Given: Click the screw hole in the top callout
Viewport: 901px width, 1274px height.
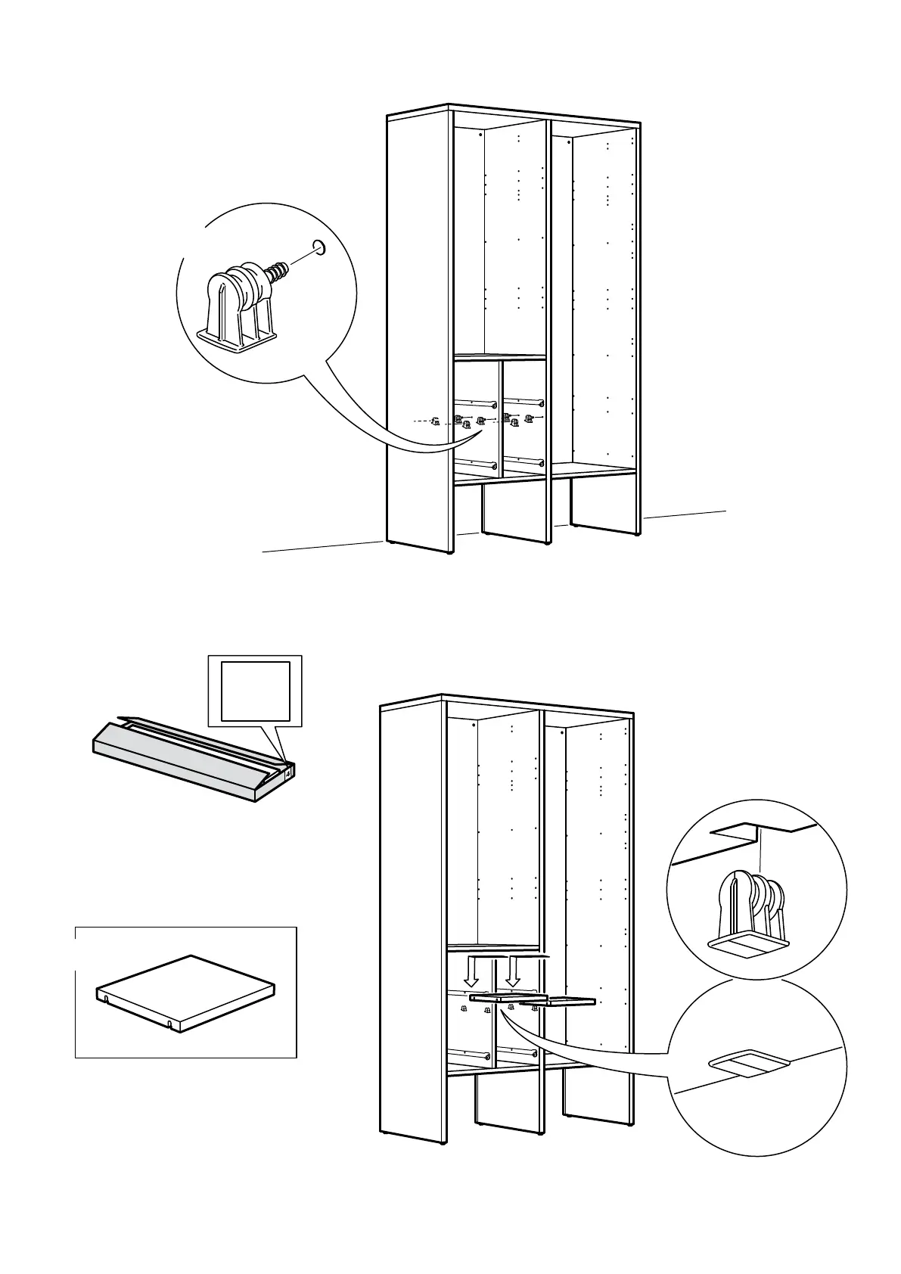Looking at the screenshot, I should click(319, 247).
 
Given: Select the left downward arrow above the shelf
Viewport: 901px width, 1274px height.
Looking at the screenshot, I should click(472, 971).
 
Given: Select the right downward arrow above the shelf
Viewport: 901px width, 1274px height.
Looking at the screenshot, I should click(512, 971).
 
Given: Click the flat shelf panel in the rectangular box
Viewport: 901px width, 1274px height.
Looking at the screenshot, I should click(185, 990).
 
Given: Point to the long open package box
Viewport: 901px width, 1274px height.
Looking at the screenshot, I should click(189, 760).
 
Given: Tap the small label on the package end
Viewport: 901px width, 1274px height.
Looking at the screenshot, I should click(289, 772).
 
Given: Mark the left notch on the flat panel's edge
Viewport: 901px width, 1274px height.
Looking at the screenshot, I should click(107, 999).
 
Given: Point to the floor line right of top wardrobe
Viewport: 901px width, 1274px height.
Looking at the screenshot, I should click(685, 515).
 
